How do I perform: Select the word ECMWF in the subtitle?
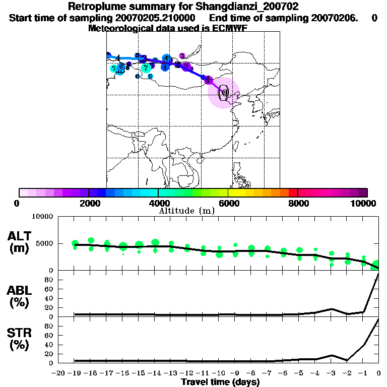pos(229,28)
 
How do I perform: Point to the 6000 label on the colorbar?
pos(228,203)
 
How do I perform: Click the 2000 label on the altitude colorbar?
pos(89,203)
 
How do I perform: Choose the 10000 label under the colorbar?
pos(365,203)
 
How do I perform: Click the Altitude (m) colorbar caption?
pos(186,211)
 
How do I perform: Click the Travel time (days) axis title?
pos(220,382)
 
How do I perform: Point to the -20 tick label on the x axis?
pos(59,373)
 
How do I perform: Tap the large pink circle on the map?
pos(223,93)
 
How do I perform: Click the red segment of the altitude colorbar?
pos(292,192)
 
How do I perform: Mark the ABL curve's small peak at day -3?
pos(331,309)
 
